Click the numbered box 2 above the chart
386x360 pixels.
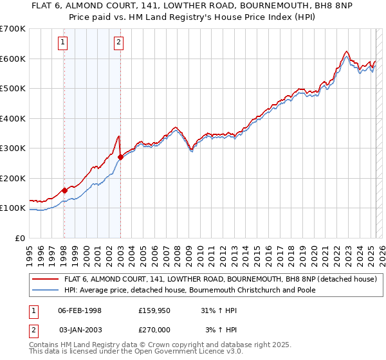[120, 43]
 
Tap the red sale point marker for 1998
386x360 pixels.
[64, 190]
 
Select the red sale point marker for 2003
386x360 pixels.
[120, 157]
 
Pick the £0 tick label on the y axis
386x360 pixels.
[21, 238]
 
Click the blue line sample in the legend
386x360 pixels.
[46, 290]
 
